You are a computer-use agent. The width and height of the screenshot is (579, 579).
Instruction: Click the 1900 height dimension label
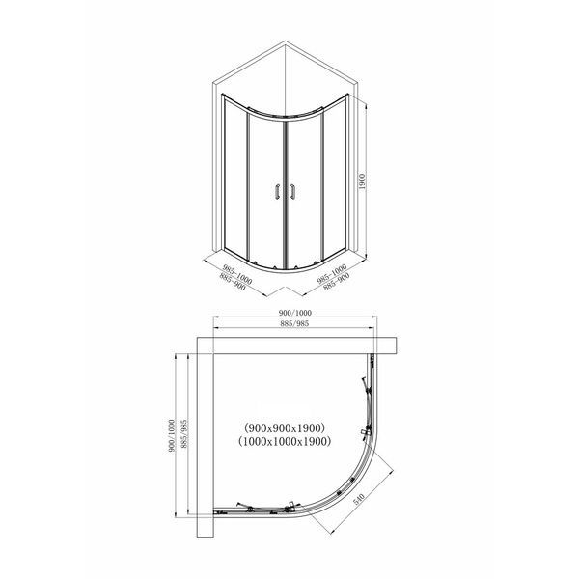362,181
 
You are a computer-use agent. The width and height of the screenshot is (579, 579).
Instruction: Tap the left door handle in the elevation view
277,192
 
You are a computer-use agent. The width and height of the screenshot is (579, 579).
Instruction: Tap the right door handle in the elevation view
292,192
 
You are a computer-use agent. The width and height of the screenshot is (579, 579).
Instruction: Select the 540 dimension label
359,499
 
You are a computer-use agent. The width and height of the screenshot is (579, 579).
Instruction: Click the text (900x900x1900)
285,427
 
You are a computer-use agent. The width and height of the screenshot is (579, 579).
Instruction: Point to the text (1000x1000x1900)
285,441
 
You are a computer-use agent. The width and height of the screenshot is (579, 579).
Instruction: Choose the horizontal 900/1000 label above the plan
294,313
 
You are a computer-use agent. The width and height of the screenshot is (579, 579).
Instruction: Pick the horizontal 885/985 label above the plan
294,323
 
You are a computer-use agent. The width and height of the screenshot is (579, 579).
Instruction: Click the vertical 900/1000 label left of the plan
171,436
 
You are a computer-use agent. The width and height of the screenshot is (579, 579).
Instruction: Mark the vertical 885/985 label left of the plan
184,434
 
